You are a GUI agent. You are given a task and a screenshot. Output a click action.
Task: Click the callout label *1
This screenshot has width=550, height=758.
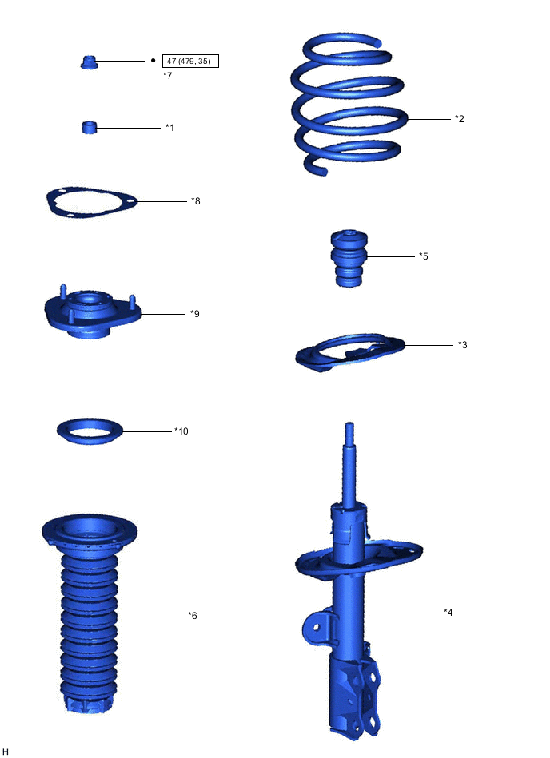tap(169, 127)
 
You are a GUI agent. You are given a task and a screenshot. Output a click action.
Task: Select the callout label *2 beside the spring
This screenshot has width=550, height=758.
tap(460, 119)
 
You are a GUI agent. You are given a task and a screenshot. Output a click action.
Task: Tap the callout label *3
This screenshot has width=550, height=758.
tap(462, 345)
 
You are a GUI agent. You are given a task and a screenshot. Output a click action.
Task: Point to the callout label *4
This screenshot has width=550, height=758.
tap(448, 613)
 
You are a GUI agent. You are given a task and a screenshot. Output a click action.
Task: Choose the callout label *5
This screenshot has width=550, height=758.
tap(424, 256)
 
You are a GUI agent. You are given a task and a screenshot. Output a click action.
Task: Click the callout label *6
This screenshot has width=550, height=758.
tap(192, 615)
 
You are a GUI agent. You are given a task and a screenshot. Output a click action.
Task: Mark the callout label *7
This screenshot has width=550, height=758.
tap(167, 75)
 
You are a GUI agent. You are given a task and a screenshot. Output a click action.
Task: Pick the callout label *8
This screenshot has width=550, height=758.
tap(196, 201)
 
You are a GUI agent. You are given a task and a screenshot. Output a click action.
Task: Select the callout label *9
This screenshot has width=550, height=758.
tap(194, 314)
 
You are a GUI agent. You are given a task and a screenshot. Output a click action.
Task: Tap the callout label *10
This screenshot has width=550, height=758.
tap(181, 431)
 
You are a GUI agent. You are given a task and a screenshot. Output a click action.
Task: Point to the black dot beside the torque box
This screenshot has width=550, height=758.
tap(153, 60)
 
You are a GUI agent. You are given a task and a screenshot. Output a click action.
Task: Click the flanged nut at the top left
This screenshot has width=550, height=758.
tap(90, 62)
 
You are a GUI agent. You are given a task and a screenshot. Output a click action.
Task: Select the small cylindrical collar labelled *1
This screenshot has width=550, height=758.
tap(90, 127)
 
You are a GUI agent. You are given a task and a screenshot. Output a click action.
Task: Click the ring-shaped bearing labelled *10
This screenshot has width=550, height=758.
tap(90, 431)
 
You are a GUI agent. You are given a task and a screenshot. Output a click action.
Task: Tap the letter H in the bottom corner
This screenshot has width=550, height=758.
tap(6, 752)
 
